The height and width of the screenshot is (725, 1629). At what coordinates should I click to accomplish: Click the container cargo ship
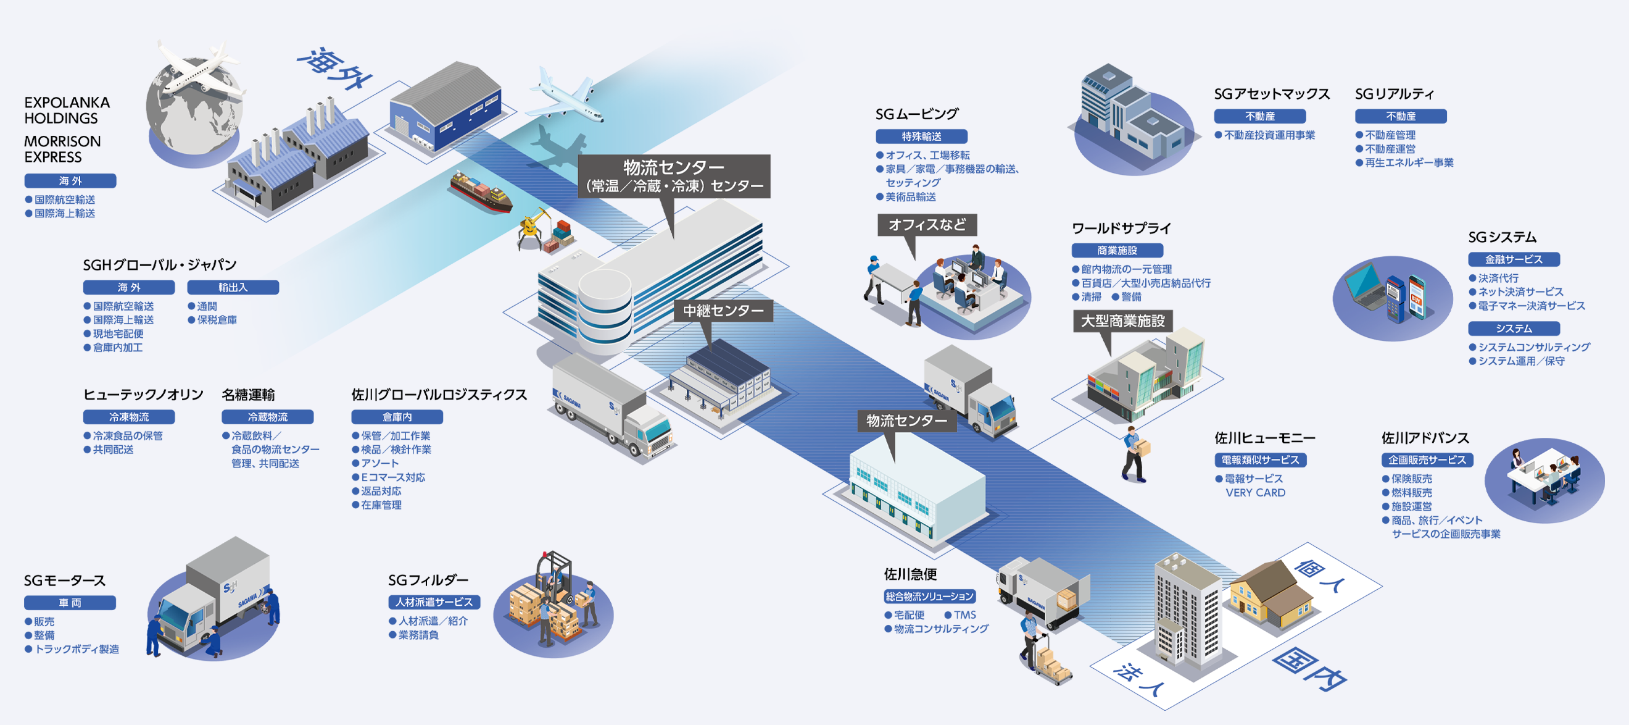coord(481,191)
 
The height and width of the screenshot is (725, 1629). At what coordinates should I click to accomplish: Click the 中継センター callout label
coord(723,311)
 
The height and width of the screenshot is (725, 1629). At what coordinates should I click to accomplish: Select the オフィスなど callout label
coord(926,225)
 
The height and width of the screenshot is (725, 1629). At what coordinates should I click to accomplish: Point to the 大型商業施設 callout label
coord(1122,321)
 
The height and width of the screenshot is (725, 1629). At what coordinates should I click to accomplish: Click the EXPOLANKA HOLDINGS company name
coord(67,110)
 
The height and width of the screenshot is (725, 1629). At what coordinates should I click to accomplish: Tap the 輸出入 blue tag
coord(233,287)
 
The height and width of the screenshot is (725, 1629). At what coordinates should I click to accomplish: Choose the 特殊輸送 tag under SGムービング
coord(921,136)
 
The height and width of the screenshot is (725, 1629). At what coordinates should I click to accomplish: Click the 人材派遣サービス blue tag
coord(434,601)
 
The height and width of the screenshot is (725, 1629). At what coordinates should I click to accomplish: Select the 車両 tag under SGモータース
coord(70,602)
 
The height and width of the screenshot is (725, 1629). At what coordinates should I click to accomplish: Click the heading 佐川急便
coord(910,574)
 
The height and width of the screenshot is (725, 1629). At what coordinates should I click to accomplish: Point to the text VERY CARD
coord(1255,493)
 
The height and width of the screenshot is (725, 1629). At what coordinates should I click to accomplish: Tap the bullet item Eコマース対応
coord(392,477)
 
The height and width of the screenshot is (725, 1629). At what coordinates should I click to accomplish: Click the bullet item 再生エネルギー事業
coord(1408,162)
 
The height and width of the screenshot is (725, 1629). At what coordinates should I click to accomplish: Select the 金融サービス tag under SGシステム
coord(1513,259)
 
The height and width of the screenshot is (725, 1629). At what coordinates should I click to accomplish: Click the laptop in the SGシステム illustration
coord(1366,288)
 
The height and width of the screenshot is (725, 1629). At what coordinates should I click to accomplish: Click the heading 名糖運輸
coord(248,395)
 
